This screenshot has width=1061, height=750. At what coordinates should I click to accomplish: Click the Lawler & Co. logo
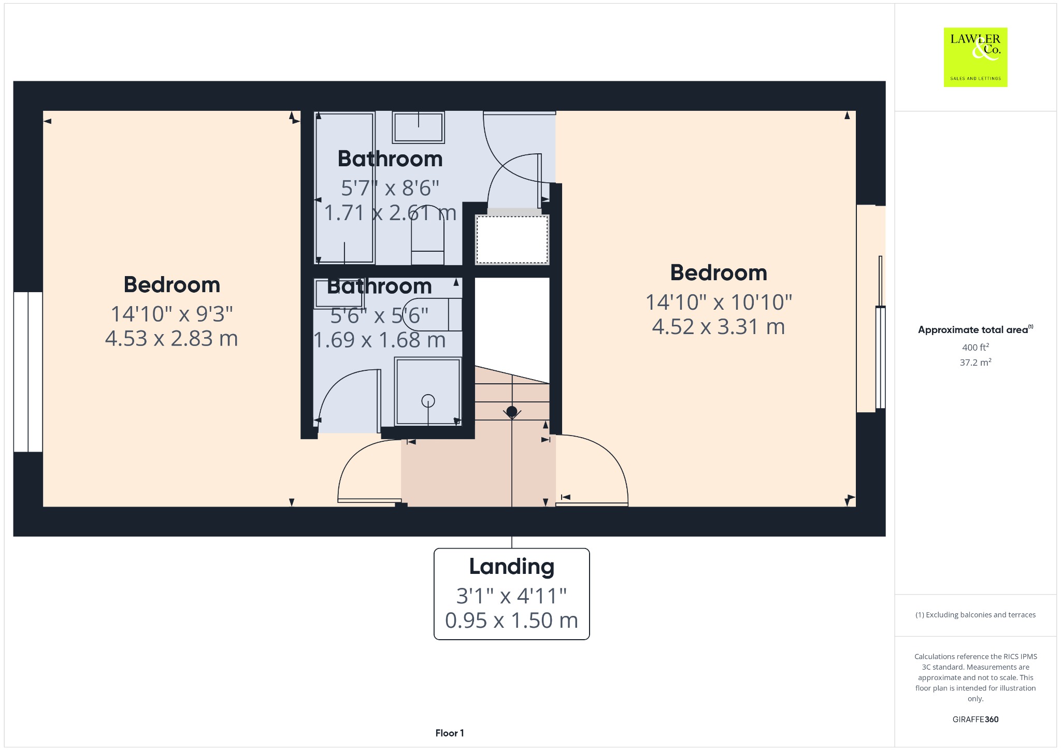[976, 57]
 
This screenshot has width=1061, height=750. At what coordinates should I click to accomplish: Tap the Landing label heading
[512, 567]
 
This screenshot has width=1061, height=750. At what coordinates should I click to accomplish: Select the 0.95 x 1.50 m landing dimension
[512, 620]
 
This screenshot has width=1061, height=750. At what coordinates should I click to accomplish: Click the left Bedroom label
[172, 284]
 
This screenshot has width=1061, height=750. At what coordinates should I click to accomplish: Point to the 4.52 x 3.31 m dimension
[719, 326]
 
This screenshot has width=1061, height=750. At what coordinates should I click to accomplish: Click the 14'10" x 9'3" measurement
[172, 313]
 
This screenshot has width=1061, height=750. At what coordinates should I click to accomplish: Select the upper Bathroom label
[390, 158]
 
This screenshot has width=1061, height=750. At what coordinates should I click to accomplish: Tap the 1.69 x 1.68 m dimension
[380, 340]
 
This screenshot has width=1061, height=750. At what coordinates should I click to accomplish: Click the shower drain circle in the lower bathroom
[428, 400]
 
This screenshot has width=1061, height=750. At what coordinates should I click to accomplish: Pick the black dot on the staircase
[512, 412]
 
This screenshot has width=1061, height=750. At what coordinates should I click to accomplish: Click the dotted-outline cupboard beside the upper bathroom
[512, 240]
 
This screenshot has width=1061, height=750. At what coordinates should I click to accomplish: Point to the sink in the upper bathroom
[419, 127]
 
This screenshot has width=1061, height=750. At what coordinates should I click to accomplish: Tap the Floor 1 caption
[450, 733]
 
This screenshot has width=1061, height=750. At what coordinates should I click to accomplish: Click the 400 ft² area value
[976, 347]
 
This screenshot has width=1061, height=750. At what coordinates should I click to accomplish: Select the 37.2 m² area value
[976, 362]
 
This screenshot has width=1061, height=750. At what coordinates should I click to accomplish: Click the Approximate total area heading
[976, 329]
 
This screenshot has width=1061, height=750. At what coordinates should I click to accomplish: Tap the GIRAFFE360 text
[976, 719]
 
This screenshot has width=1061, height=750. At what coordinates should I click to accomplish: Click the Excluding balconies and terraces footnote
[976, 615]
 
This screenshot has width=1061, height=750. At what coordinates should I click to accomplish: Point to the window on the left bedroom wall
[28, 372]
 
